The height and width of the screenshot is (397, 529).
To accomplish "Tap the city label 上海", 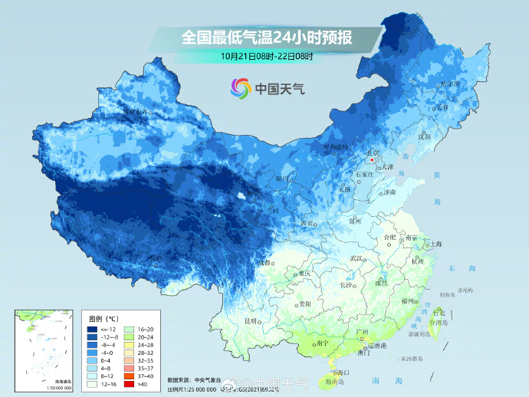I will pos(436,244).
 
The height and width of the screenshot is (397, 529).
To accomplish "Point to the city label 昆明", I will pos(250,320).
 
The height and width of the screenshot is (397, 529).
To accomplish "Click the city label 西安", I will pos(307,223).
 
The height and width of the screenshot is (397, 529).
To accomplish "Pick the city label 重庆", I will pos(305,274).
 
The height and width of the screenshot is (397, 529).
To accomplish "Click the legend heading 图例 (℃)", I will pos(103,317).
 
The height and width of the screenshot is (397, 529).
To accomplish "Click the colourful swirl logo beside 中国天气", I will pos(242,89).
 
